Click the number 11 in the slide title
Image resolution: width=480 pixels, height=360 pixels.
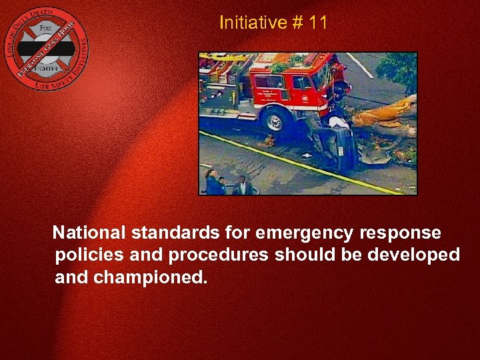tap(319, 23)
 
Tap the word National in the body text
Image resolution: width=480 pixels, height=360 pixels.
tap(89, 233)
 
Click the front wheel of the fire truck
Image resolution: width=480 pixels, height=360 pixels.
tap(273, 121)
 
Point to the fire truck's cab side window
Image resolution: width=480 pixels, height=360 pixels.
tap(303, 83)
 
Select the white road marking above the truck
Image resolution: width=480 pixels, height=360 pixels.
tap(360, 65)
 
